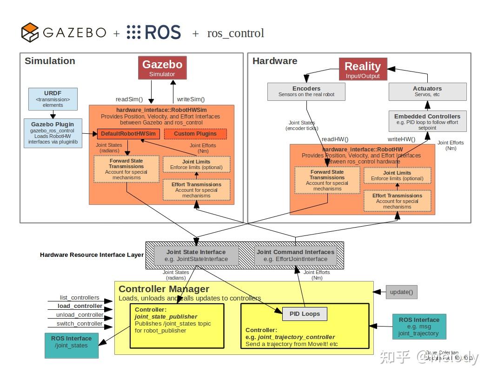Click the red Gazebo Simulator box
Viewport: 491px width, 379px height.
point(162,68)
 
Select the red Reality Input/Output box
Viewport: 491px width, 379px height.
point(362,69)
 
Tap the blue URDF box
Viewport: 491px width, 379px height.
point(53,99)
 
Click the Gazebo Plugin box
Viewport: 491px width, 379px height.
point(53,133)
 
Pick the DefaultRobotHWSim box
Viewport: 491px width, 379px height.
point(129,134)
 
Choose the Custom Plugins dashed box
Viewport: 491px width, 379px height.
point(195,134)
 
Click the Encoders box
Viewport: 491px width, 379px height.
point(306,91)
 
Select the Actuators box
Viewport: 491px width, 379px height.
point(427,91)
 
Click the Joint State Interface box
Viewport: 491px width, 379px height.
point(197,255)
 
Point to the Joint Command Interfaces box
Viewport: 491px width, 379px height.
point(295,255)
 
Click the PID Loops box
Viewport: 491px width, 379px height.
point(305,314)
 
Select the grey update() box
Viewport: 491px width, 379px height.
point(401,292)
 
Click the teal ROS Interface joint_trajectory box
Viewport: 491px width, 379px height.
point(419,326)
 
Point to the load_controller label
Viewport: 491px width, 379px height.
point(80,306)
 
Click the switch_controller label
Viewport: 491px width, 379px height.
point(80,324)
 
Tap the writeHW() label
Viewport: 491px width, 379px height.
point(401,139)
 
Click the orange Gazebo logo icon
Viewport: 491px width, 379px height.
point(30,33)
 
